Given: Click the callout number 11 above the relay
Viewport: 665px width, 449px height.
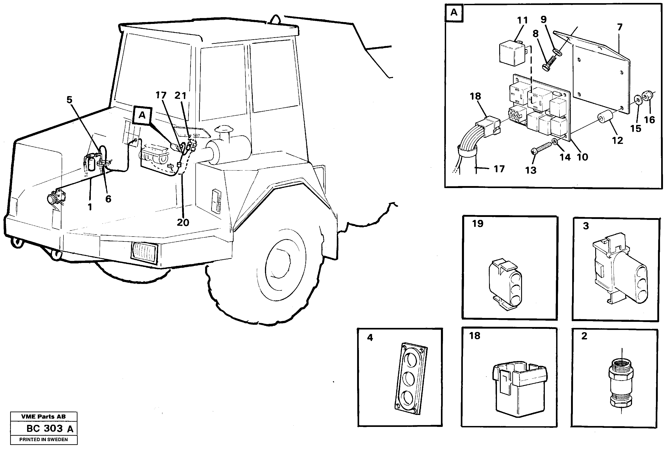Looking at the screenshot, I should (x=522, y=20).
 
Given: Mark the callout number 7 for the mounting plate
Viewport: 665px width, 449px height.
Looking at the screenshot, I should (x=620, y=27).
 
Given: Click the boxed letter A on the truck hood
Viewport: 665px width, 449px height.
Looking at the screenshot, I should (x=142, y=116).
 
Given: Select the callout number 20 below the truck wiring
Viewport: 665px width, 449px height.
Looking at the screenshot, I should (x=183, y=222).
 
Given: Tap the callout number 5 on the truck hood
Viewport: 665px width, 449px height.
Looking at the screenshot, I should (x=69, y=100).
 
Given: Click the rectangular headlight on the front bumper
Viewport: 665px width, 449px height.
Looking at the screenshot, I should (x=144, y=252).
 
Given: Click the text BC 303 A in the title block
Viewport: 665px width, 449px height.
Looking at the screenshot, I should (x=49, y=428).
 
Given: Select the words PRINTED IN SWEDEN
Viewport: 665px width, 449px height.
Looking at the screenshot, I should (x=44, y=440).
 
